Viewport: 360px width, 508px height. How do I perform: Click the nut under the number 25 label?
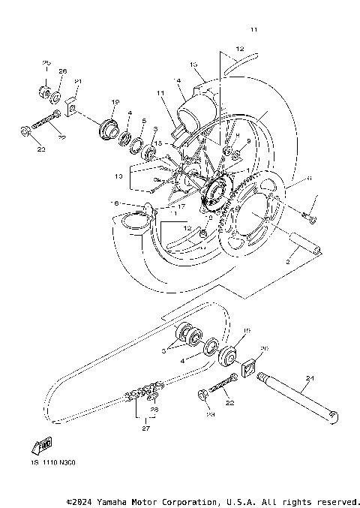point(44,94)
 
